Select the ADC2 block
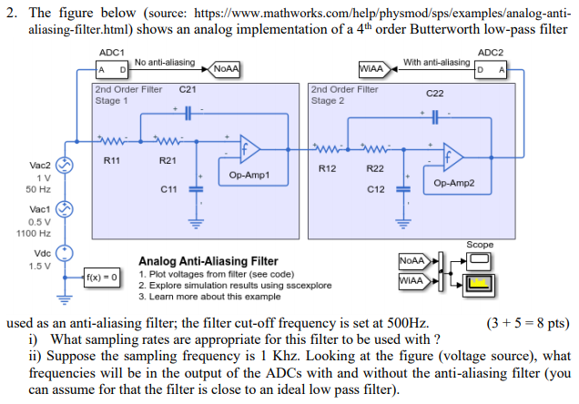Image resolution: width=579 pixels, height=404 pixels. [x=489, y=69]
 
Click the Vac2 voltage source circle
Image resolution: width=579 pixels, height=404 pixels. [x=64, y=166]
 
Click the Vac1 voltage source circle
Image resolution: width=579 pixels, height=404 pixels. [x=64, y=209]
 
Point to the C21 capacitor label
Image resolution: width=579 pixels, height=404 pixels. [x=188, y=90]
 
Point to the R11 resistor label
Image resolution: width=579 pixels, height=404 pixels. [x=112, y=160]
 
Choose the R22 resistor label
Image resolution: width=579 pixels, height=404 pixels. [x=374, y=168]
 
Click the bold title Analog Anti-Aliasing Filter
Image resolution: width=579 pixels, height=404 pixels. [x=208, y=261]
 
